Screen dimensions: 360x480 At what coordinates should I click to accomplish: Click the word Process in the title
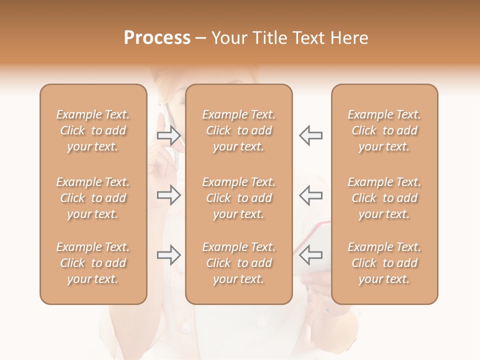[157, 37]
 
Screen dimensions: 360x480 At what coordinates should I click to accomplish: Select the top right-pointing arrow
[168, 135]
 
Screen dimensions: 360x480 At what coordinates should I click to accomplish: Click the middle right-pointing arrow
[168, 195]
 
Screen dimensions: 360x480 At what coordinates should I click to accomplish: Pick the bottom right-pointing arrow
[168, 255]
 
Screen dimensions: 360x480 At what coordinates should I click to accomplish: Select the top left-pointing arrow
[311, 135]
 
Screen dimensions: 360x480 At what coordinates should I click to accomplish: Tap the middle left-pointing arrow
[311, 195]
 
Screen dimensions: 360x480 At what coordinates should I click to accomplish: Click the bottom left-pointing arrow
[311, 255]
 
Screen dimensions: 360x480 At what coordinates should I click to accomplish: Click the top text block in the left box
[93, 130]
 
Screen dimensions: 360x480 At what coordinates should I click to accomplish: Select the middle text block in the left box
[93, 198]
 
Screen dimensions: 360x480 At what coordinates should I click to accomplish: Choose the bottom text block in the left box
[93, 263]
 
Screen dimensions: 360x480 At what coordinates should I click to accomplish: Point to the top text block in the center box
[239, 130]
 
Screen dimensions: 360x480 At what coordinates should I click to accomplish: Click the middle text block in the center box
[239, 198]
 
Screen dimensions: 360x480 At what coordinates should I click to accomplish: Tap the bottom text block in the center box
[239, 263]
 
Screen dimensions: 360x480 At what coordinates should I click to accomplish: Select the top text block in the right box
[384, 130]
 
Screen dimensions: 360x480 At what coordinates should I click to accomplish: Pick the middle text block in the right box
[384, 198]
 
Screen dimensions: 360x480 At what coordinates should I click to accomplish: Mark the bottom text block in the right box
[384, 263]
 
